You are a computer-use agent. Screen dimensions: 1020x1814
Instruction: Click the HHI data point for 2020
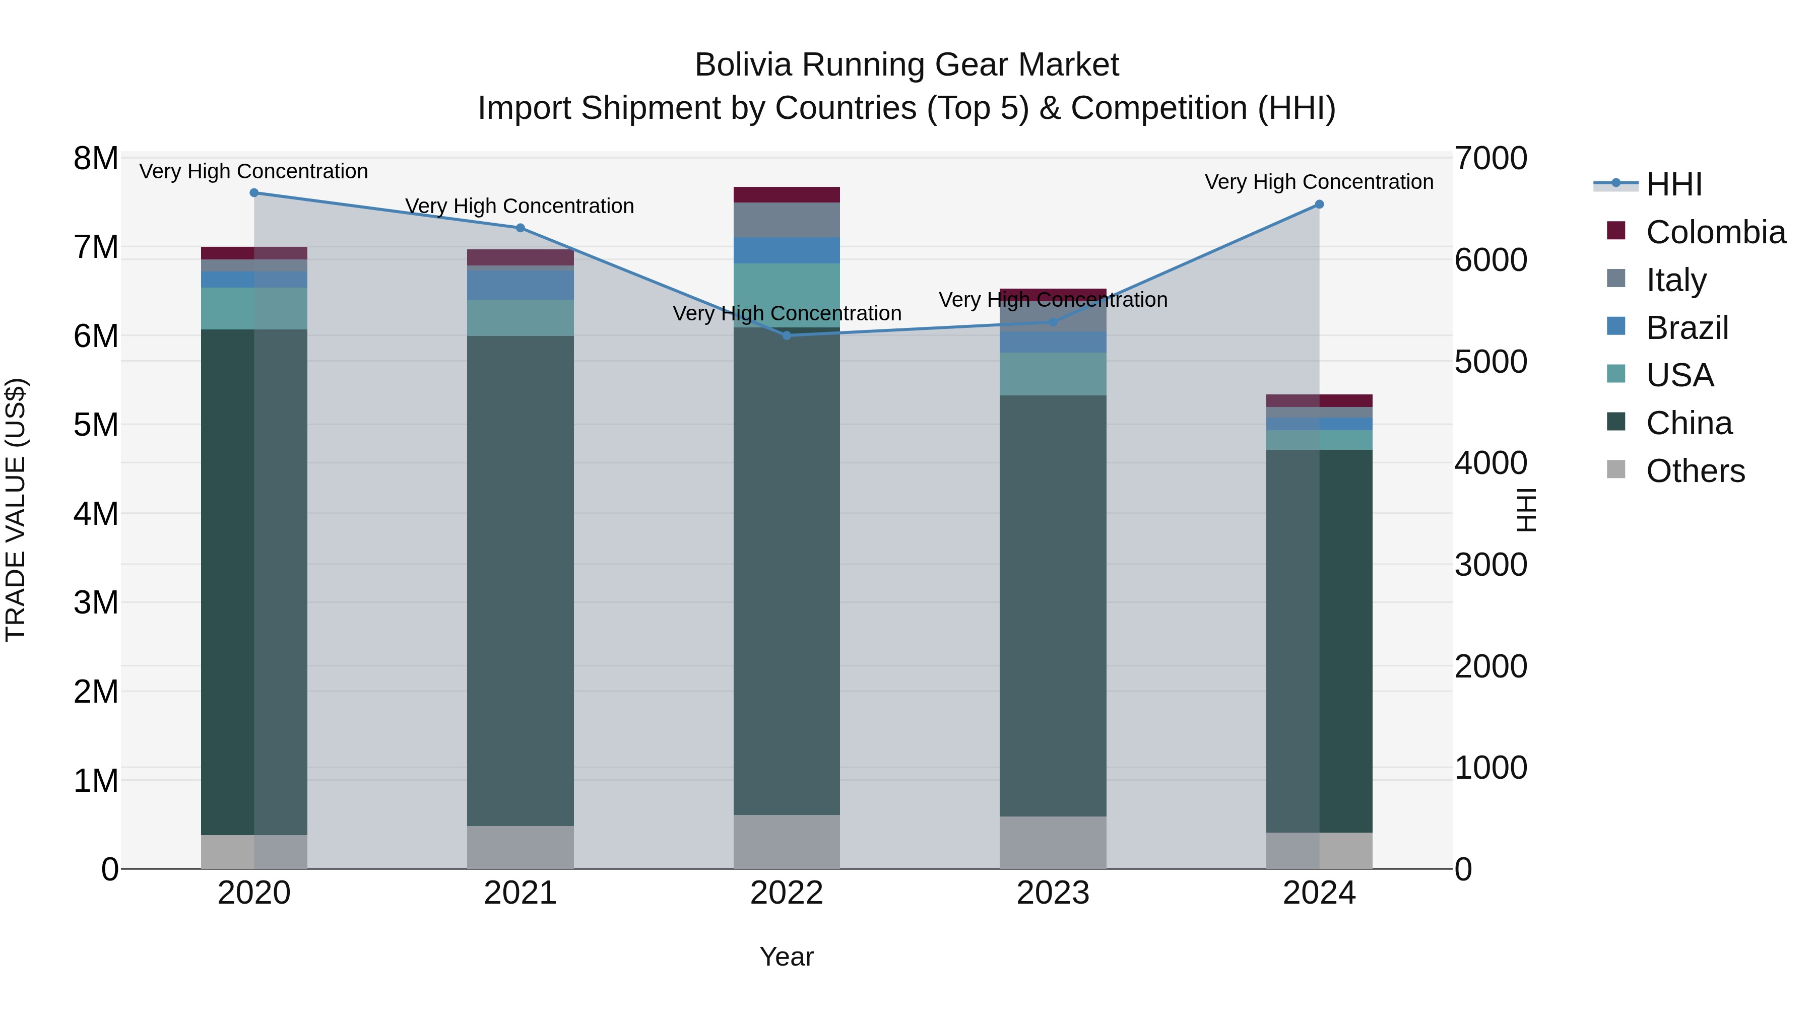[x=254, y=193]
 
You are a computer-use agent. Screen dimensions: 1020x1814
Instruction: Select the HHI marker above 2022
[x=787, y=336]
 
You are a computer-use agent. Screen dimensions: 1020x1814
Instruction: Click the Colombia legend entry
[x=1715, y=232]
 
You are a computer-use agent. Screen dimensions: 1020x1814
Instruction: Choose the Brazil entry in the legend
[x=1687, y=328]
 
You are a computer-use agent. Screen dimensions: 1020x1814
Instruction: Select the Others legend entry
[x=1695, y=471]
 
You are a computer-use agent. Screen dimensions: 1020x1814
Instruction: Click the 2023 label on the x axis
[x=1053, y=893]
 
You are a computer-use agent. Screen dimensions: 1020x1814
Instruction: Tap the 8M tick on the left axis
[x=96, y=158]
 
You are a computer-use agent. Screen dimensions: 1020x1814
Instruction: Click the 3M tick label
[x=96, y=602]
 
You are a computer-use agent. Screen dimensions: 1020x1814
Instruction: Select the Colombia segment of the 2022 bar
[x=787, y=195]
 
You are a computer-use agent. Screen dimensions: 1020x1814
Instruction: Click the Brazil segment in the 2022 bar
[x=787, y=251]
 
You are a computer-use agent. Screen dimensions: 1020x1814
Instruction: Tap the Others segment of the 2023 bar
[x=1053, y=843]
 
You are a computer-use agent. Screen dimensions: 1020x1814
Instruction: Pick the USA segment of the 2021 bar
[x=521, y=318]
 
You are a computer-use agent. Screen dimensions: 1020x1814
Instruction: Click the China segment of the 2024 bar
[x=1319, y=641]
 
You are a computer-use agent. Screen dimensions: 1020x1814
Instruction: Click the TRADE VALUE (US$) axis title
[x=16, y=510]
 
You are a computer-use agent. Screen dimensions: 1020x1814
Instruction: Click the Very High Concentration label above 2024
[x=1319, y=182]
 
